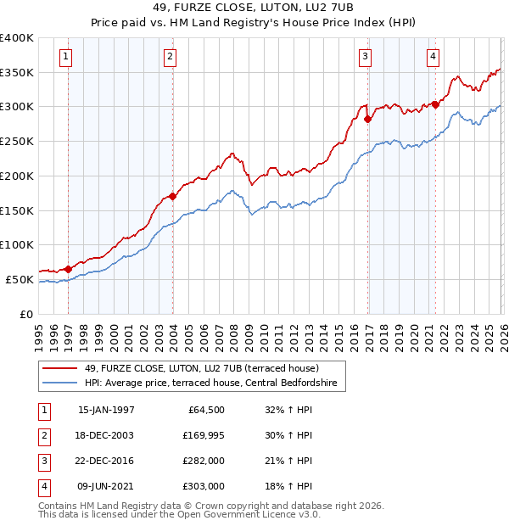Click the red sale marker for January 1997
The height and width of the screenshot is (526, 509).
point(69,269)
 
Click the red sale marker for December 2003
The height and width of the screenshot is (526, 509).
point(172,196)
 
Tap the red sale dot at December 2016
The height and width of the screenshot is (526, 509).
point(367,120)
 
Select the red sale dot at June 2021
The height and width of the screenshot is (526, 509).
point(435,104)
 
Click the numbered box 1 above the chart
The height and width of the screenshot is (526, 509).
point(66,57)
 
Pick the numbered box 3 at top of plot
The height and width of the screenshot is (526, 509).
point(365,57)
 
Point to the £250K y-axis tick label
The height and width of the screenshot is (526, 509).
point(17,141)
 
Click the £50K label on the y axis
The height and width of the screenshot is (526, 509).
point(20,279)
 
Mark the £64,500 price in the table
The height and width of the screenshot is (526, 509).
point(204,410)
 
